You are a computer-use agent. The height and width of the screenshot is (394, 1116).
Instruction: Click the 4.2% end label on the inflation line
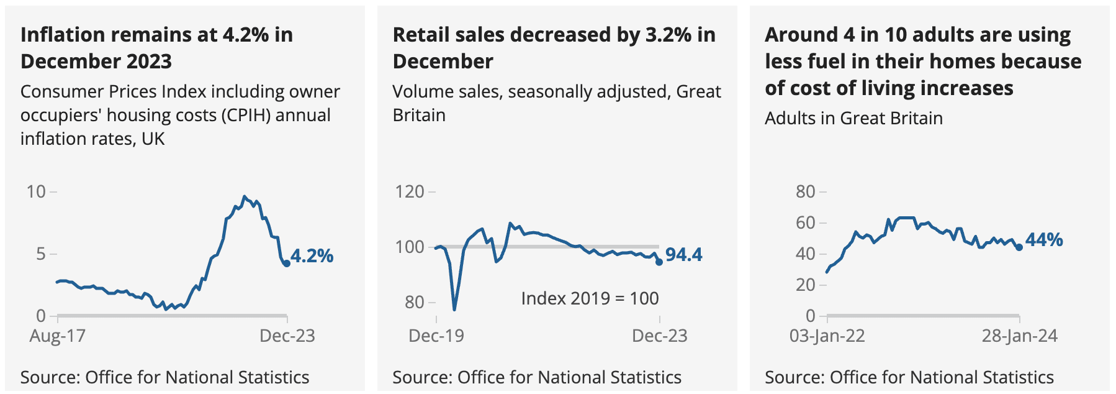(x=312, y=256)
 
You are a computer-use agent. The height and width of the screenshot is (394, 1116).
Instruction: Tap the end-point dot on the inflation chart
(x=287, y=263)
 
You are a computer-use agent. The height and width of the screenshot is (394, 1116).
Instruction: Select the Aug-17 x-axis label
(x=57, y=336)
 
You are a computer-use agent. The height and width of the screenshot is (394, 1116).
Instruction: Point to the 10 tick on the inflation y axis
(x=36, y=191)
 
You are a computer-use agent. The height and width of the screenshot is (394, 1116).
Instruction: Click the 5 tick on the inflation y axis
(x=41, y=254)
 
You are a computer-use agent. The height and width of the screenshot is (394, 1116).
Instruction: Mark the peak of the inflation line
(x=244, y=196)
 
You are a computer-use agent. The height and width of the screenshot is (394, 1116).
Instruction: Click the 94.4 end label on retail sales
(x=683, y=255)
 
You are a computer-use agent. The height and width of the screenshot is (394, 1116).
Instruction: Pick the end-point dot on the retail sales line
(x=659, y=262)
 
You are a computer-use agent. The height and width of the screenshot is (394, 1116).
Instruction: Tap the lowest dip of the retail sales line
(x=454, y=309)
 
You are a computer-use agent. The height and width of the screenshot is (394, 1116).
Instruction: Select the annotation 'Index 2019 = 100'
(x=590, y=298)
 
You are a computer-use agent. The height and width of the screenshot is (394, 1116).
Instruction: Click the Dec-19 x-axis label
(x=436, y=336)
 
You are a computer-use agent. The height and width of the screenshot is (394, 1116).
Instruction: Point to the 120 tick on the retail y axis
(x=410, y=191)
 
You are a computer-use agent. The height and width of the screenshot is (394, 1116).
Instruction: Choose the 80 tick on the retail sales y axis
(x=414, y=303)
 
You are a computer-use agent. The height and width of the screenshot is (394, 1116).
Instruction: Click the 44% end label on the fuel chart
(x=1044, y=240)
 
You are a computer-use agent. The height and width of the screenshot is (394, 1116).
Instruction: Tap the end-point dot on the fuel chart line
(x=1019, y=247)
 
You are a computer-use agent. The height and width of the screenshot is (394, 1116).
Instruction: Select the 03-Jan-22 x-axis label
(x=827, y=336)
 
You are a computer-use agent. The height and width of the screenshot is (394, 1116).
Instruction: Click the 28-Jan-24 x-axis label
(x=1019, y=336)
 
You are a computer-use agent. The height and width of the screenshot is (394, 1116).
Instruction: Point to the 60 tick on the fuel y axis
(x=806, y=222)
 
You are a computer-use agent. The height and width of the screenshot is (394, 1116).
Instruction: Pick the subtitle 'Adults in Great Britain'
(x=853, y=118)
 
